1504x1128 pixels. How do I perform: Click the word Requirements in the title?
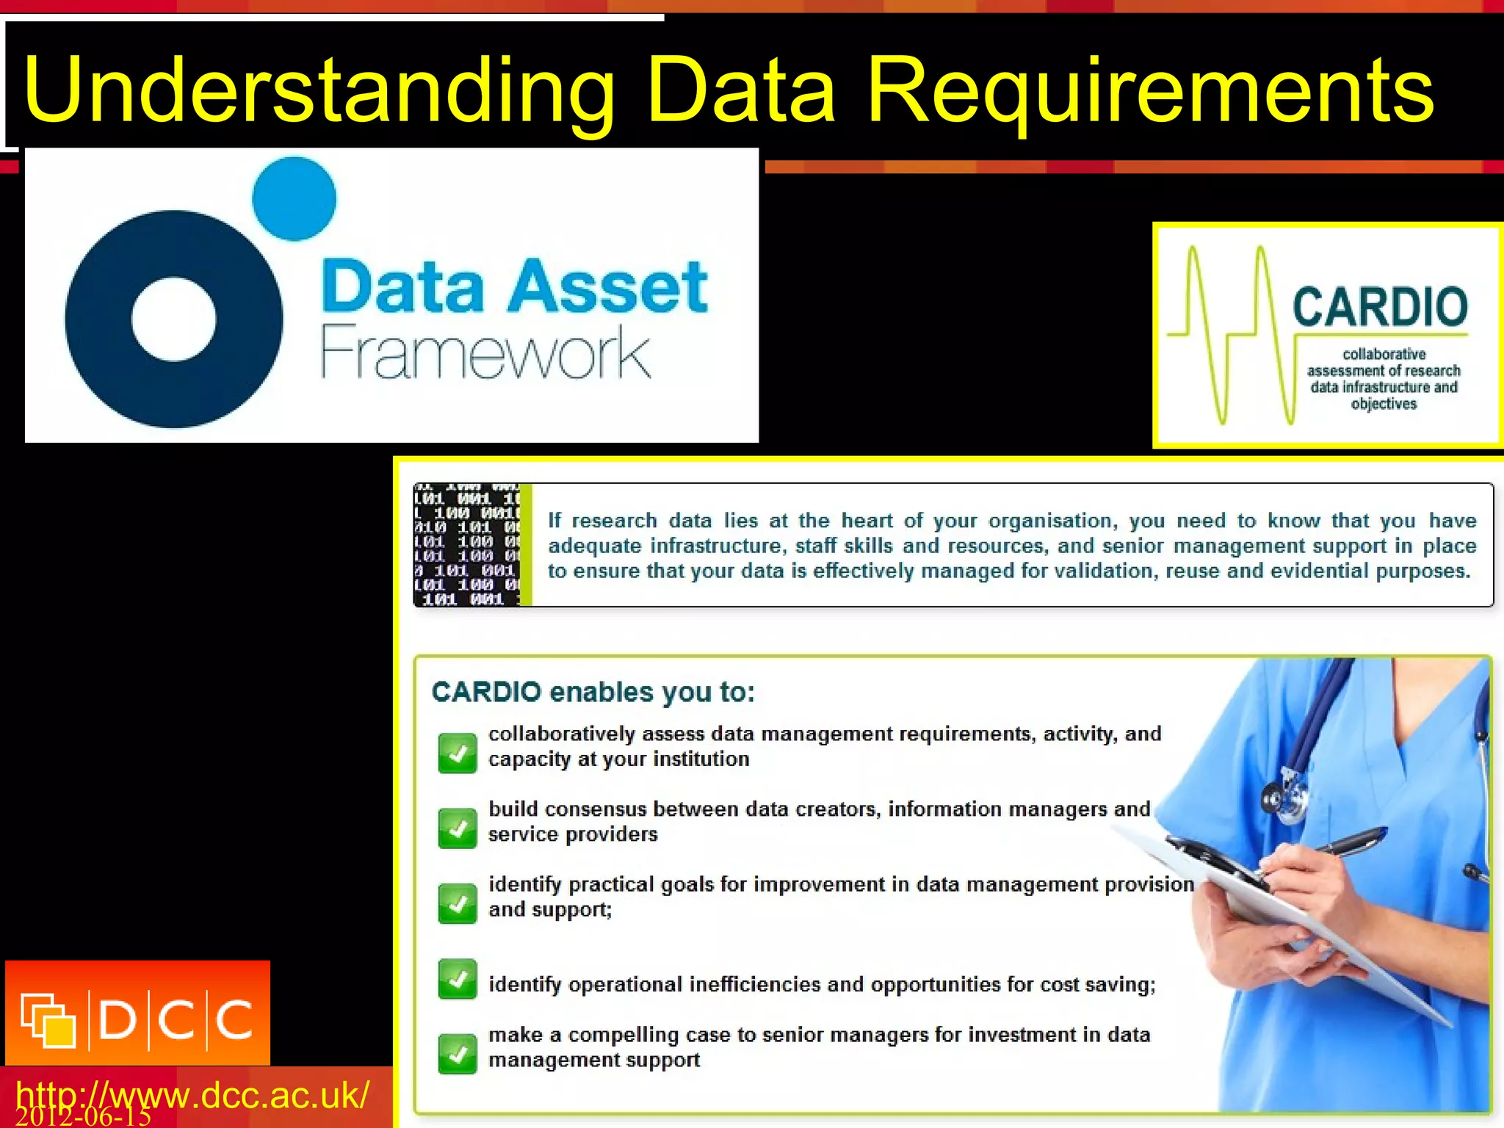click(x=1149, y=92)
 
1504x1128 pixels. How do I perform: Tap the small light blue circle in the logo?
click(x=294, y=198)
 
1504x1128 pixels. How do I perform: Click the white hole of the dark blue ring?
click(x=174, y=319)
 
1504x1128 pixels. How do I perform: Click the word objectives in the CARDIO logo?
click(x=1384, y=404)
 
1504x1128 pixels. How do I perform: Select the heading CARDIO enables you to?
click(x=593, y=692)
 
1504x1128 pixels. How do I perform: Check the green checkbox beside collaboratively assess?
click(x=458, y=753)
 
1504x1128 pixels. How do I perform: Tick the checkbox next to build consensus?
click(x=458, y=828)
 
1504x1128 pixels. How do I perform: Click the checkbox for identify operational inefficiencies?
click(x=458, y=979)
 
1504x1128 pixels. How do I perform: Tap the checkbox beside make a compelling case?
click(x=458, y=1054)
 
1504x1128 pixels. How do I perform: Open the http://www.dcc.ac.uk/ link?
click(x=192, y=1094)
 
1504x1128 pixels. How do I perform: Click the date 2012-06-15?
click(x=82, y=1117)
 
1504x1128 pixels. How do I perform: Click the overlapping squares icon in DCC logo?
click(x=48, y=1020)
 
